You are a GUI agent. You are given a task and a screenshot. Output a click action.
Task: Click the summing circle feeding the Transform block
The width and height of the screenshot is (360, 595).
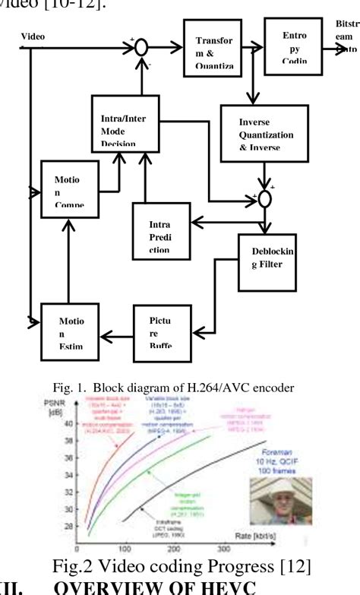(x=141, y=47)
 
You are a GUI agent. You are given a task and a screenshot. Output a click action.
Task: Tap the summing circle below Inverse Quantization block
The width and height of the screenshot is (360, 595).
(x=264, y=200)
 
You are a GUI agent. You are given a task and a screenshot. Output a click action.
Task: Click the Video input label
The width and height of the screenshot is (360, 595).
(x=33, y=36)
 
